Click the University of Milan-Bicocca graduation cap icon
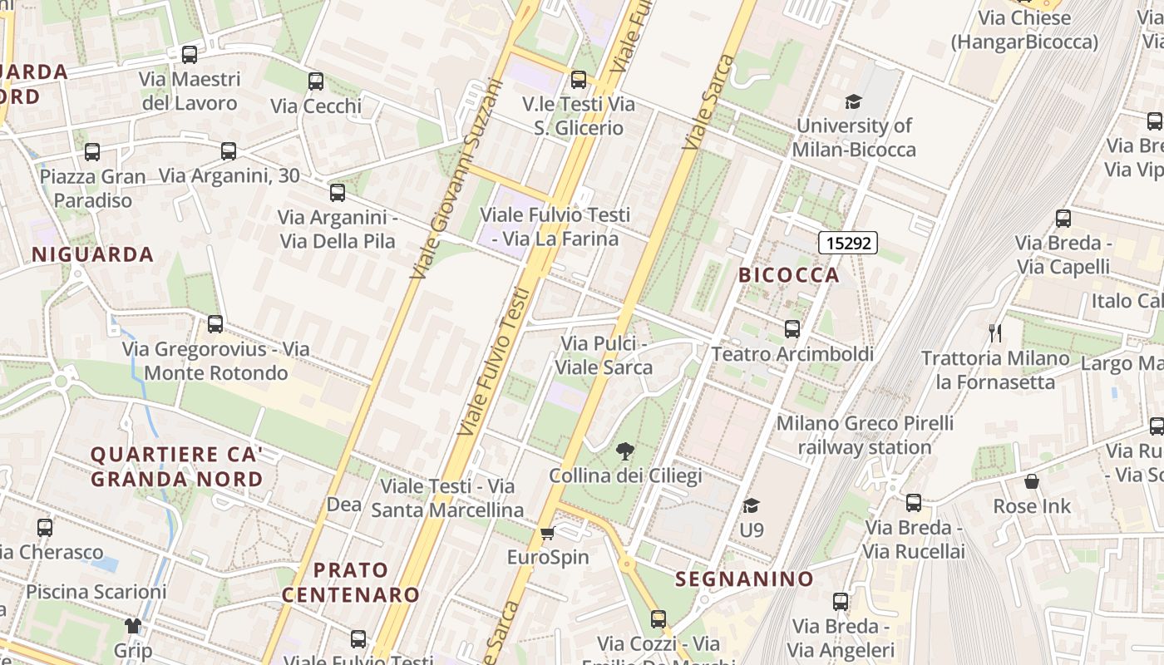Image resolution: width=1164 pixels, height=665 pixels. tap(853, 102)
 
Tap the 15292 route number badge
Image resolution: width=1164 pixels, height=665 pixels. tap(848, 243)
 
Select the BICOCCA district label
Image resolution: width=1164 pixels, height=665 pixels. tap(789, 275)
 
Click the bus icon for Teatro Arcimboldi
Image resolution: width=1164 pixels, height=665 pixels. tap(792, 329)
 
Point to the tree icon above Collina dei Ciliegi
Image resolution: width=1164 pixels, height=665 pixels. tap(624, 451)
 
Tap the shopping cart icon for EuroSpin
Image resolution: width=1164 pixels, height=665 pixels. tap(547, 533)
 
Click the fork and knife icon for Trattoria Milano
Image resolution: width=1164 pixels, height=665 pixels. tap(995, 333)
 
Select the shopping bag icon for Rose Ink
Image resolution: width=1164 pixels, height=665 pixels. tap(1032, 481)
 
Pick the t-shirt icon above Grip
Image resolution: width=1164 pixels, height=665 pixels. tap(133, 625)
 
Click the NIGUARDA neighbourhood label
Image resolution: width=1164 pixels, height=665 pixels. tap(93, 254)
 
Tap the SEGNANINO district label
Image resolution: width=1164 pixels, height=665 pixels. tap(744, 579)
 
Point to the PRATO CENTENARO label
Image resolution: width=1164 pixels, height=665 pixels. tap(351, 582)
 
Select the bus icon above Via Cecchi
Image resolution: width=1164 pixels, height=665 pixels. tap(316, 81)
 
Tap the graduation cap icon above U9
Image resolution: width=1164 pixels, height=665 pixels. tap(752, 505)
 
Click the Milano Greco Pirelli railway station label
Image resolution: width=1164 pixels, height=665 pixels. tap(865, 435)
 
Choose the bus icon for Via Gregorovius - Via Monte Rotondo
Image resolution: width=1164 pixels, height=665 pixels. tap(215, 324)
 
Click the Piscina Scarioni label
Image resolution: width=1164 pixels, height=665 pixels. tap(96, 592)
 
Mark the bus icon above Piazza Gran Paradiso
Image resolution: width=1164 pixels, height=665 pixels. tap(92, 152)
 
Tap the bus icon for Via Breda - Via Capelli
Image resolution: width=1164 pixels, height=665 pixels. tap(1063, 219)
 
